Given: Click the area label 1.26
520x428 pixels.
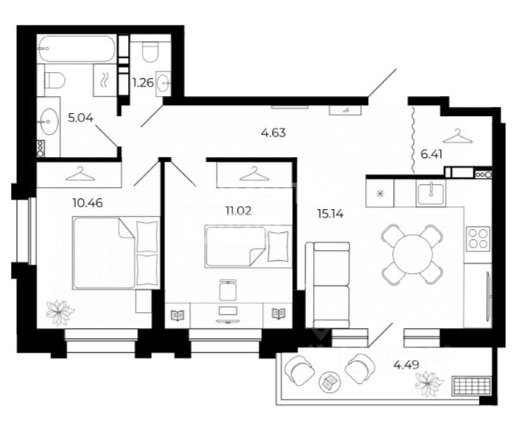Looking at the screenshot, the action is tap(143, 83).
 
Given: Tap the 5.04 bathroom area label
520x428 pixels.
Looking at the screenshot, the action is tap(81, 118).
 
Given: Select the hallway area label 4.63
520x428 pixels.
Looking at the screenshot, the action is tap(274, 133).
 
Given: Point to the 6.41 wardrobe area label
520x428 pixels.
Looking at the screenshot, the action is tap(432, 154).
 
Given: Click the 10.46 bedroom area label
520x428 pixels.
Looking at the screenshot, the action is tap(88, 203).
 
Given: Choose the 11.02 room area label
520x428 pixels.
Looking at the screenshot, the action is tap(239, 211).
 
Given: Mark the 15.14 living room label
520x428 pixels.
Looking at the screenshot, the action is tap(330, 214).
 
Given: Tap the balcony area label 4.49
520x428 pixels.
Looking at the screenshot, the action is tap(406, 365).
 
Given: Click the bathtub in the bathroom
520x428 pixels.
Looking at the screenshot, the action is tap(77, 49).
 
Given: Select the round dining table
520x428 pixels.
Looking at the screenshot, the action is tap(412, 255).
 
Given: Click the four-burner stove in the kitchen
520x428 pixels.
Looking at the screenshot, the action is tap(478, 238).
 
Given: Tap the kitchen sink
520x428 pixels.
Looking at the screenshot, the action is tap(431, 193).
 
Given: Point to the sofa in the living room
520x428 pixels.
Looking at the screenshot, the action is tap(327, 285).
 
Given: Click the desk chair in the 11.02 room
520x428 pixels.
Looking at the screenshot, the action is tap(228, 290).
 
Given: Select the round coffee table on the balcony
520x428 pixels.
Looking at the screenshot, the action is tap(329, 382).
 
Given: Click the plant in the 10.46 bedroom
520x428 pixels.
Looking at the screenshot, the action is tap(60, 312).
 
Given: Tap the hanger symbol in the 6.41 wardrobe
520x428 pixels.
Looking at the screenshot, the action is tap(457, 136).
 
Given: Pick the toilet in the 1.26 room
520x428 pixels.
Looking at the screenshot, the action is tap(150, 52).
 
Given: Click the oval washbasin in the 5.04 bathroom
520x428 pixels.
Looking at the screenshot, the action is tap(48, 122).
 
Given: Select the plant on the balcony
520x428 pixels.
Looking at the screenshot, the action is tap(429, 384).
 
